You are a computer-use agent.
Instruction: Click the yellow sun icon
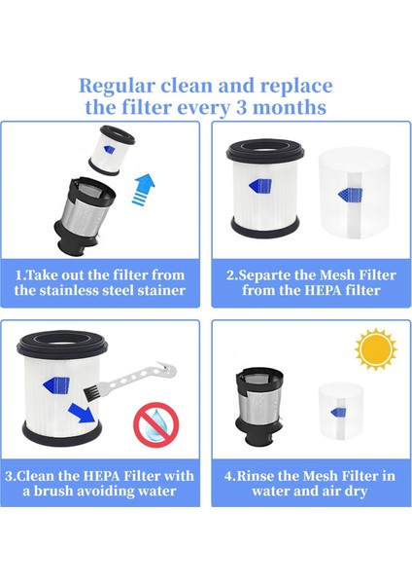[375, 349]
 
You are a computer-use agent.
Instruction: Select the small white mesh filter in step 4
[345, 410]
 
